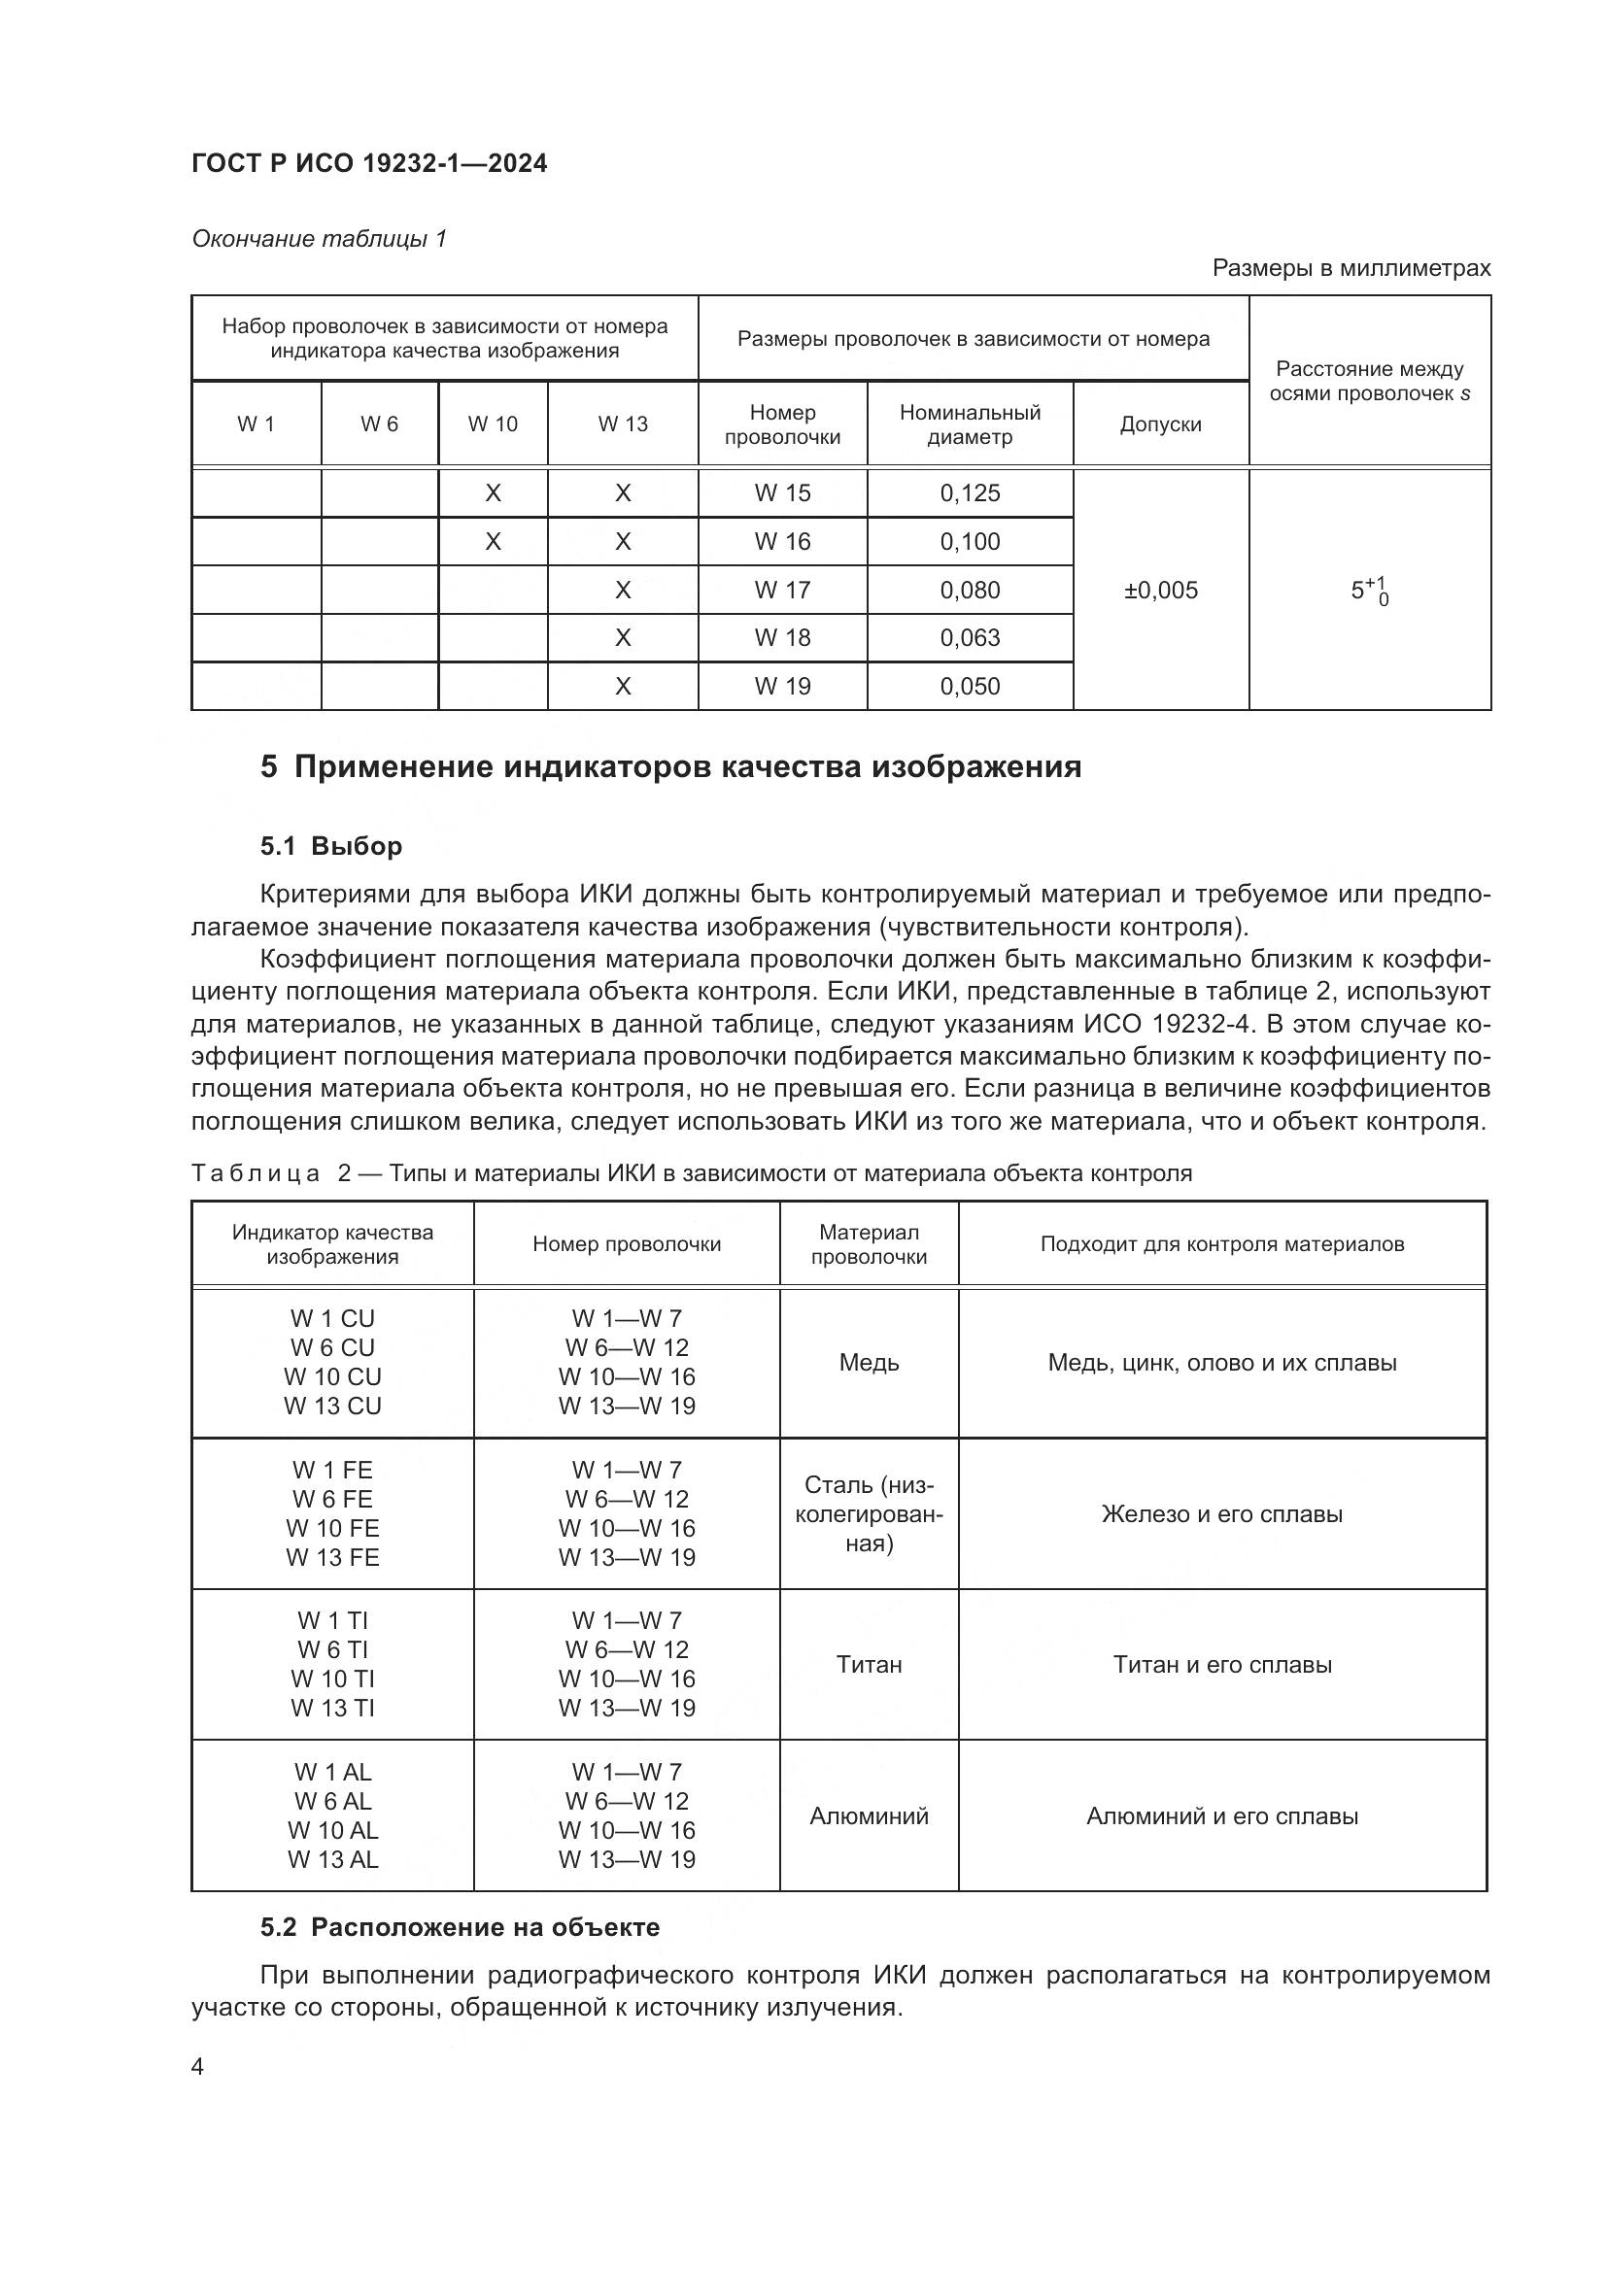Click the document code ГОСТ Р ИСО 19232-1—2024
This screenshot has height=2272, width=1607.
coord(369,164)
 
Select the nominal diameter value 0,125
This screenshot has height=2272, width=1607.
coord(969,492)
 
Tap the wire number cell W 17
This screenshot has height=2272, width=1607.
coord(782,590)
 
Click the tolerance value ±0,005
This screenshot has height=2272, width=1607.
coord(1160,590)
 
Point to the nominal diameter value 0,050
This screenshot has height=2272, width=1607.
coord(969,686)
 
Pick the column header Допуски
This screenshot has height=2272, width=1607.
coord(1160,424)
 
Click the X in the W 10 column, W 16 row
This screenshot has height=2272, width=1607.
coord(493,541)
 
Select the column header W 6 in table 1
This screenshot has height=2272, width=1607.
coord(379,424)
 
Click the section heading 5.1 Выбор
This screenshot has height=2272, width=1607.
coord(331,846)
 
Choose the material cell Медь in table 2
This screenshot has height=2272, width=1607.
coord(868,1363)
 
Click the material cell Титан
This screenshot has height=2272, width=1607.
coord(868,1665)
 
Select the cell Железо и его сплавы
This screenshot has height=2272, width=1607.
coord(1221,1514)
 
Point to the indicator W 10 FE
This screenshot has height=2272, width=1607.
coord(332,1528)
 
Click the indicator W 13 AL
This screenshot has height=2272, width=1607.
coord(332,1859)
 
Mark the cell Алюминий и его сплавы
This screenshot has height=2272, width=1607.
coord(1221,1815)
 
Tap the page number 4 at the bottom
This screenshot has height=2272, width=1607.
coord(197,2067)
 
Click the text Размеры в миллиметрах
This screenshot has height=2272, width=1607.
coord(1350,268)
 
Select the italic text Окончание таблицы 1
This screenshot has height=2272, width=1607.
coord(319,239)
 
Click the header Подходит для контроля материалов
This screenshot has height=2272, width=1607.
coord(1221,1244)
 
